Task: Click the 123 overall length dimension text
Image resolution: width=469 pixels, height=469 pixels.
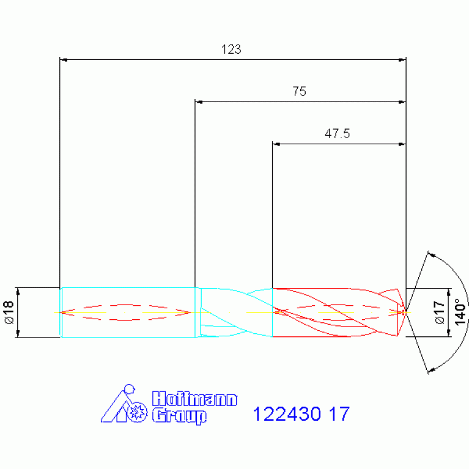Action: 231,50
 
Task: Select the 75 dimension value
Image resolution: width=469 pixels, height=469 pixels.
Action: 300,92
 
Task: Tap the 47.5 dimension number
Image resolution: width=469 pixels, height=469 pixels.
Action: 337,134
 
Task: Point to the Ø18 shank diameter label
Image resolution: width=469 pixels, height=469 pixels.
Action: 9,312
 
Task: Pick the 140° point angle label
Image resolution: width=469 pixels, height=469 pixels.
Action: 460,312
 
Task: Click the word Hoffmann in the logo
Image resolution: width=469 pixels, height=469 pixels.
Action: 194,399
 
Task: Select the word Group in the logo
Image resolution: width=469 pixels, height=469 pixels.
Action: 179,416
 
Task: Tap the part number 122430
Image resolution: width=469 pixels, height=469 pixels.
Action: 287,414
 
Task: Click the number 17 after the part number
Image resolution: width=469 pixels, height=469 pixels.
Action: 339,414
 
